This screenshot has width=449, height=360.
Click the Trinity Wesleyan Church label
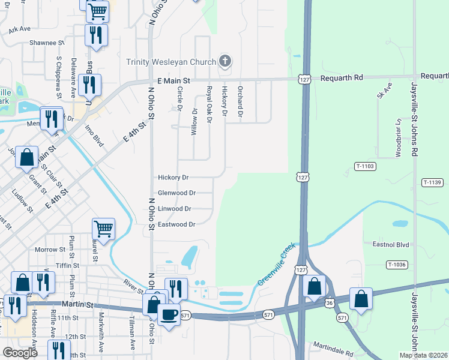click(170, 62)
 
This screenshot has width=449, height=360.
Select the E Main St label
click(173, 80)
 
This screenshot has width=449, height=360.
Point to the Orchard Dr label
click(240, 101)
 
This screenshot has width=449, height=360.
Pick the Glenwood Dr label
click(176, 193)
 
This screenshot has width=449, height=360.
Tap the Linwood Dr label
click(175, 209)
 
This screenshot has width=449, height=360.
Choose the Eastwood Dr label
click(176, 224)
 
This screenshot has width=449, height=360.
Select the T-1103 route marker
click(364, 166)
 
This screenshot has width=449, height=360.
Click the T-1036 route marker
click(397, 265)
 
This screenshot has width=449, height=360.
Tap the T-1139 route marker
click(432, 182)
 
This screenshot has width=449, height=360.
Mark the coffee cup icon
click(169, 313)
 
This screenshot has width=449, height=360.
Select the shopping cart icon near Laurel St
click(103, 228)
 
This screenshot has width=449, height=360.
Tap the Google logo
click(20, 353)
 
